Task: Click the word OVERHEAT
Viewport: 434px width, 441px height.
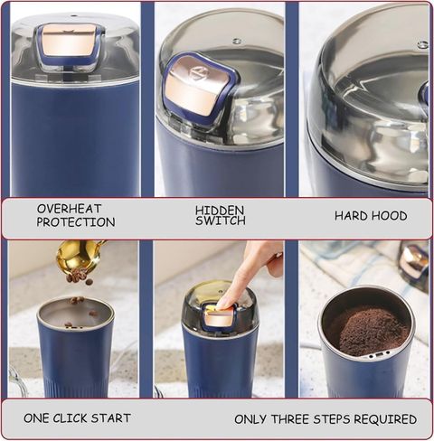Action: (69, 209)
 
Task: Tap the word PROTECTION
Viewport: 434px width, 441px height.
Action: (76, 222)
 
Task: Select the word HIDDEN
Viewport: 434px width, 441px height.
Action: (220, 211)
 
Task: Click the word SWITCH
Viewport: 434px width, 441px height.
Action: (221, 220)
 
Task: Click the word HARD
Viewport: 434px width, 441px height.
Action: (351, 216)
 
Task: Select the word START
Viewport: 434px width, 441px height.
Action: (111, 418)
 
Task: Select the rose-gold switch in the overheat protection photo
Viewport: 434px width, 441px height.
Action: (70, 39)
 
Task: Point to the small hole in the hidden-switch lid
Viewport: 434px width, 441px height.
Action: (237, 40)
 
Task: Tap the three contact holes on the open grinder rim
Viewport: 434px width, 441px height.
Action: (379, 354)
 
